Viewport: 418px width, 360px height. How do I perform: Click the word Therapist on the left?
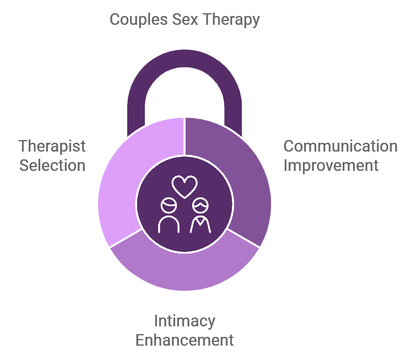(x=52, y=147)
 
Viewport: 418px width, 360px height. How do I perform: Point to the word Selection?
(x=52, y=165)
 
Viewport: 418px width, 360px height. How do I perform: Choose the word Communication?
(x=340, y=147)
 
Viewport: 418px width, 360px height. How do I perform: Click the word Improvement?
(x=331, y=165)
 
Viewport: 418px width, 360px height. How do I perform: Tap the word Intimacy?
(x=184, y=321)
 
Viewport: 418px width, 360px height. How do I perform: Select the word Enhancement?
(x=184, y=340)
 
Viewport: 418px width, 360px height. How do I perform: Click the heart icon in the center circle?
(x=184, y=186)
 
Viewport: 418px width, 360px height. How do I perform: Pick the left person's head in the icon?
(x=169, y=206)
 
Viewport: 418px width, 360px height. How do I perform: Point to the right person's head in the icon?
(x=200, y=206)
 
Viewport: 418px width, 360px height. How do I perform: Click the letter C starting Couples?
(x=115, y=20)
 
